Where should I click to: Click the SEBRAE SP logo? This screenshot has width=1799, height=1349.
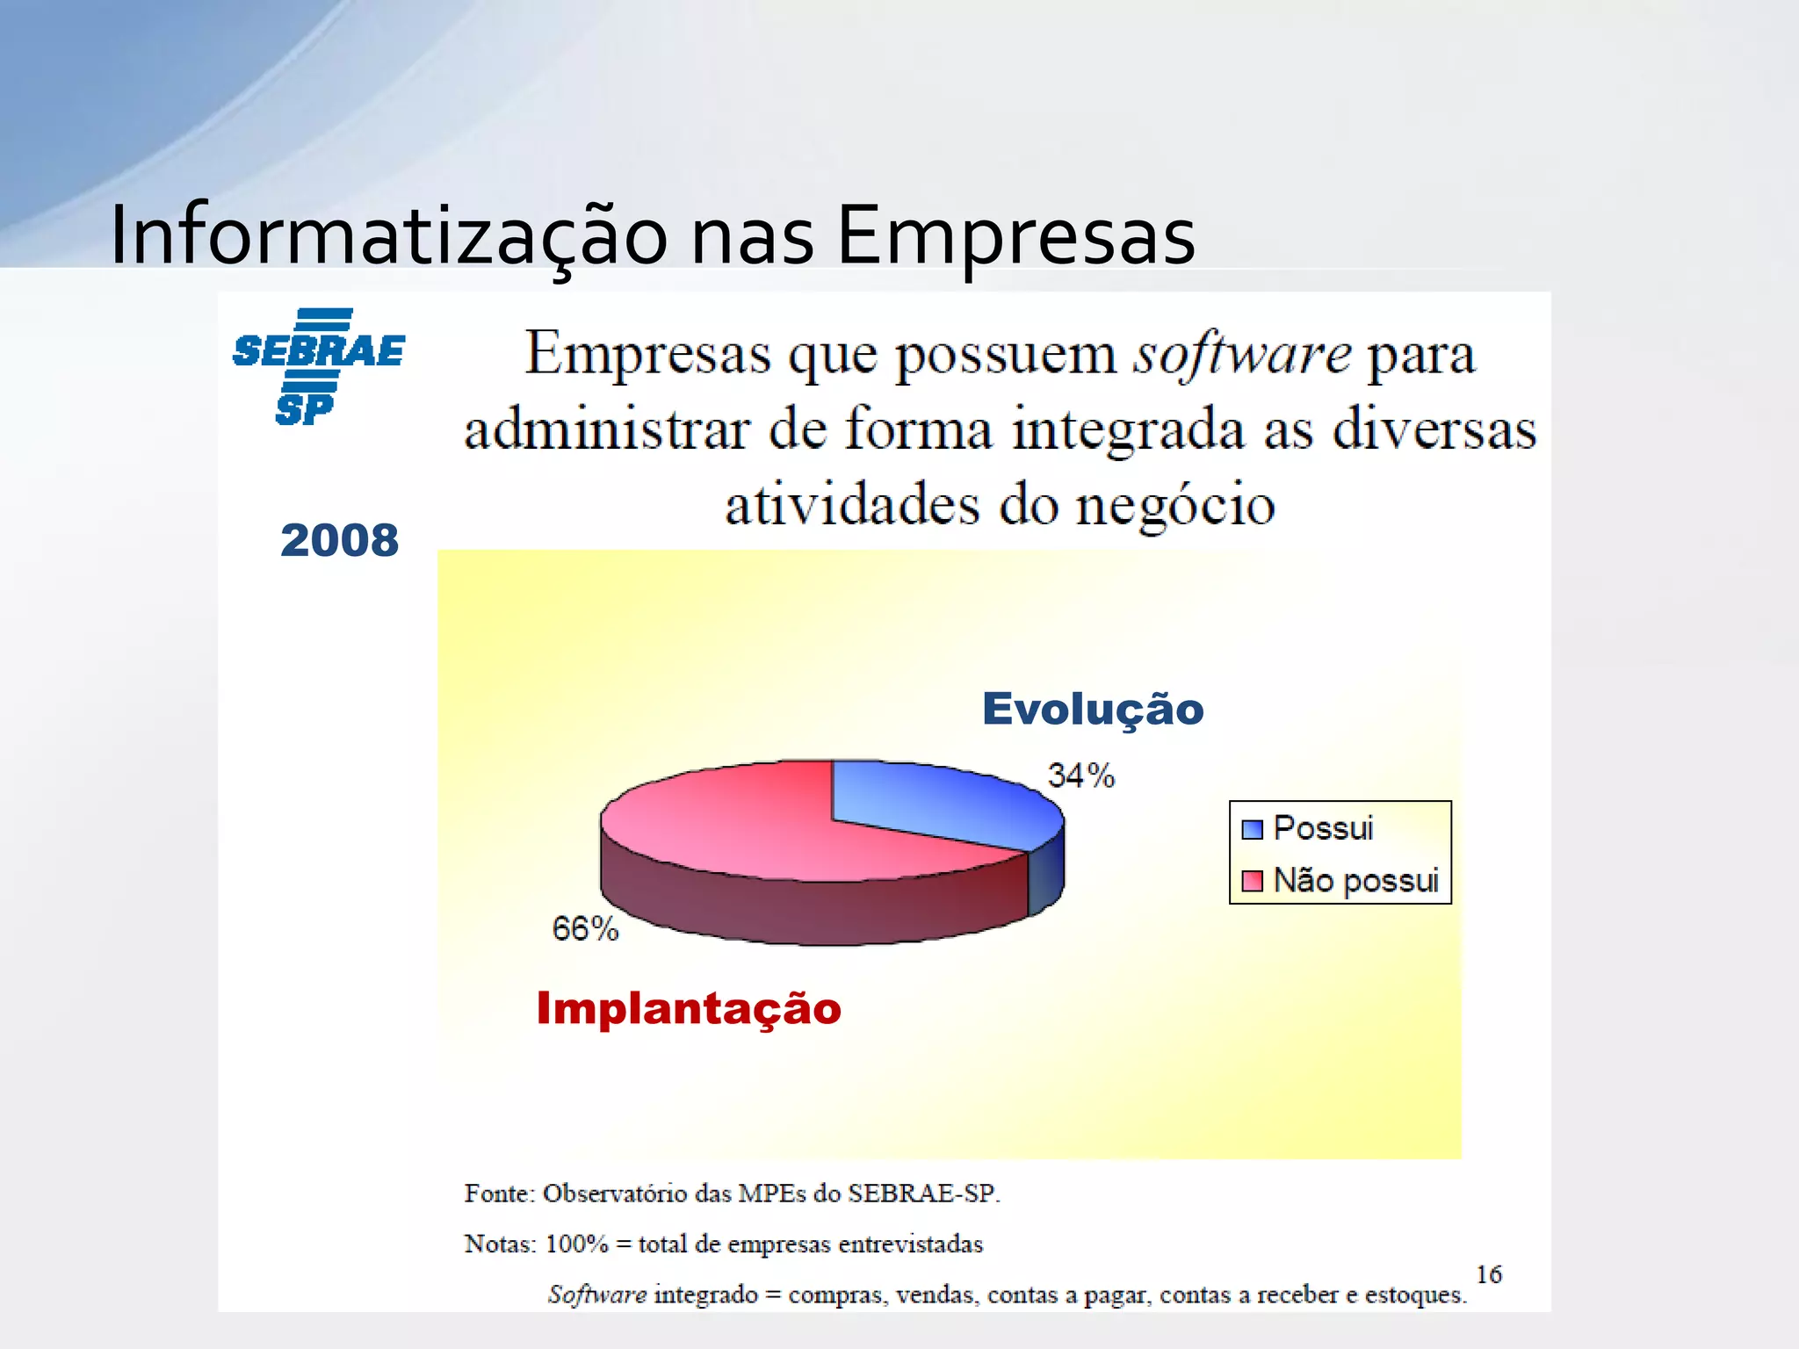pyautogui.click(x=318, y=366)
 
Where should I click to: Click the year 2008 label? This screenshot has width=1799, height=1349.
pyautogui.click(x=339, y=539)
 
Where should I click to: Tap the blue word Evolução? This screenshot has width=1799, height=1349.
pyautogui.click(x=1092, y=709)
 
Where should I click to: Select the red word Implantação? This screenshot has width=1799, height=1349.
pyautogui.click(x=689, y=1008)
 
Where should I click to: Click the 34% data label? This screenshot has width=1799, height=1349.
pyautogui.click(x=1080, y=775)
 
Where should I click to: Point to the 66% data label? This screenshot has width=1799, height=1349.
pyautogui.click(x=585, y=928)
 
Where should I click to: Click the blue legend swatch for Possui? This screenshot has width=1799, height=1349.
pyautogui.click(x=1252, y=829)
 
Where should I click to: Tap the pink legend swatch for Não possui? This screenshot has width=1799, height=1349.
pyautogui.click(x=1252, y=880)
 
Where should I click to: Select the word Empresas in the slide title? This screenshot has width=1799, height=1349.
pyautogui.click(x=1015, y=235)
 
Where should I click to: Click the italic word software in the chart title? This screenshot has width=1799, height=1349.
pyautogui.click(x=1242, y=356)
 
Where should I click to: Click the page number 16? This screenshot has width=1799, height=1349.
pyautogui.click(x=1488, y=1273)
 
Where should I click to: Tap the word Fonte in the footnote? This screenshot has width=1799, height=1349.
pyautogui.click(x=498, y=1194)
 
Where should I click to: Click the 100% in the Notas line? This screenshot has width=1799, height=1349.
pyautogui.click(x=576, y=1244)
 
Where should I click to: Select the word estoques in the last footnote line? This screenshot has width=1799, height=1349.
pyautogui.click(x=1414, y=1295)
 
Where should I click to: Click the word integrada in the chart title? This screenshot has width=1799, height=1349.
pyautogui.click(x=1128, y=431)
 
